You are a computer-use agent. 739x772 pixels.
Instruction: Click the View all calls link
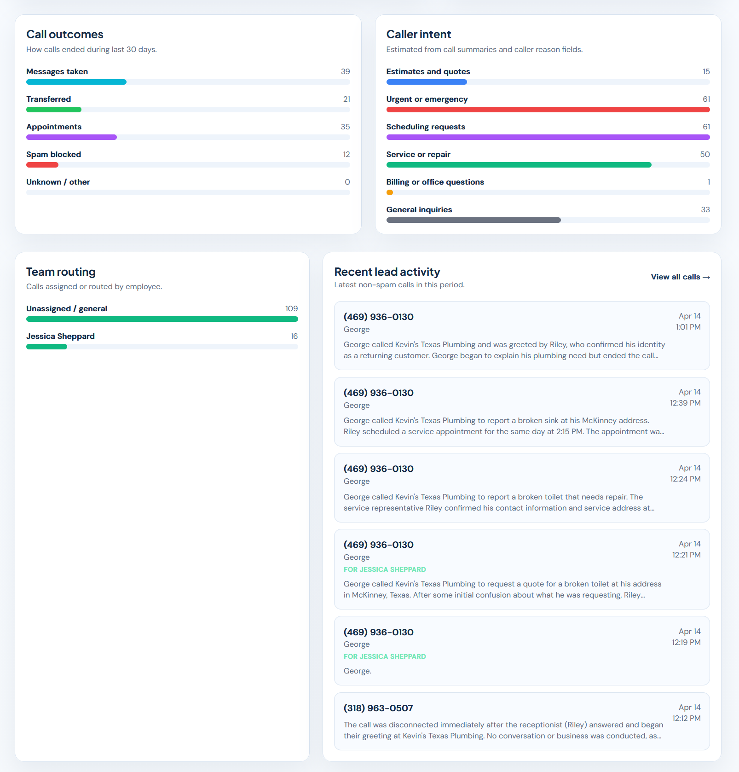click(680, 277)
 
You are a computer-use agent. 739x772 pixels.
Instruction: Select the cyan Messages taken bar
click(76, 82)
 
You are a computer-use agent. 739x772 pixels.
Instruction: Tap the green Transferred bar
click(54, 110)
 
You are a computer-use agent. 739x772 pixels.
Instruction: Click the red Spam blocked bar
click(42, 165)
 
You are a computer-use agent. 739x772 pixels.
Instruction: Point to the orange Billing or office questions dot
click(390, 192)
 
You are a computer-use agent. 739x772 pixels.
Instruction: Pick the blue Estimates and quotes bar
click(427, 82)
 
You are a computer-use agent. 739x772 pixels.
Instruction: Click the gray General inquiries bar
click(473, 220)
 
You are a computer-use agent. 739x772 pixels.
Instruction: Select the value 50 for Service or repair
click(704, 154)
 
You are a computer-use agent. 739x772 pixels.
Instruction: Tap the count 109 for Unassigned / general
click(291, 308)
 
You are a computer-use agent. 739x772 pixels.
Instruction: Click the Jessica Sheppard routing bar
click(46, 347)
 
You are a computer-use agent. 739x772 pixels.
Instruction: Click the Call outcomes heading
click(65, 35)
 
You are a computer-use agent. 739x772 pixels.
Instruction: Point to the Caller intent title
click(418, 35)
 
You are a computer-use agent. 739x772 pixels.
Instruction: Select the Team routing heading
click(61, 272)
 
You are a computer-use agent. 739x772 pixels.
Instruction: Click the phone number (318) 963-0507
click(378, 708)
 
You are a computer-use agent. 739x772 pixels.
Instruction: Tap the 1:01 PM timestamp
click(688, 327)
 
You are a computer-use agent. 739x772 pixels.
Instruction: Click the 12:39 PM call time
click(685, 403)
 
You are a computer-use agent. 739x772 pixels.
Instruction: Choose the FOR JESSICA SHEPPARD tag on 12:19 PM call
click(385, 656)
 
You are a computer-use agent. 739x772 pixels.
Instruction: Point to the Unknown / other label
click(58, 182)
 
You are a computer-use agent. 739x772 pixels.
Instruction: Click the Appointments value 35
click(345, 127)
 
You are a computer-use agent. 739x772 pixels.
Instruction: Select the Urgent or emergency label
click(427, 99)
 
